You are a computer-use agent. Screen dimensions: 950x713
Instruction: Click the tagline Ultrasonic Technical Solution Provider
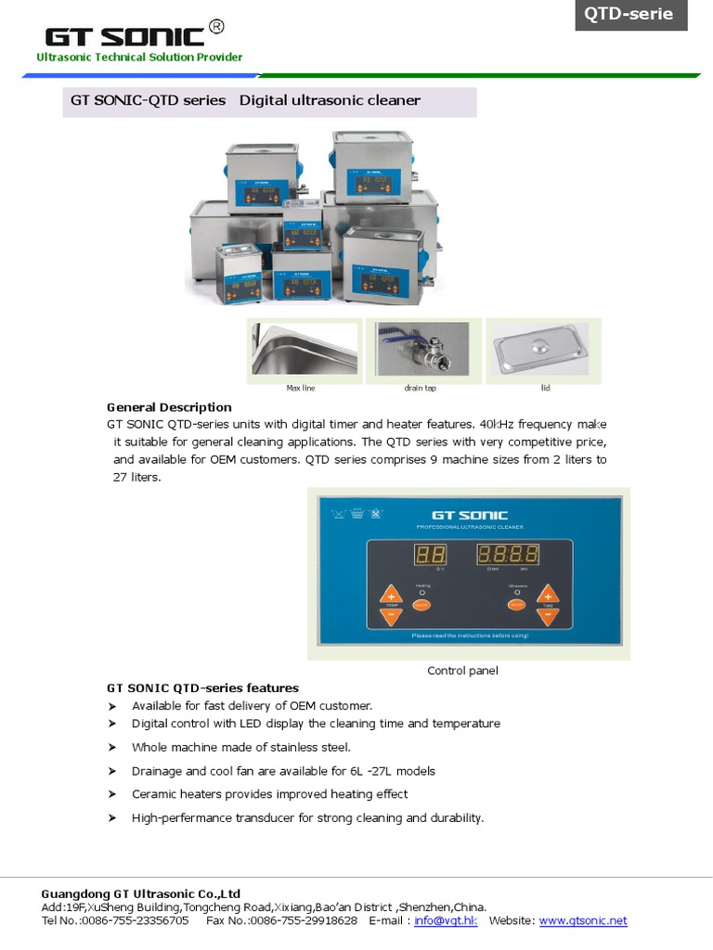tap(139, 58)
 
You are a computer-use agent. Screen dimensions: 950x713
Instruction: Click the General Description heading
tap(169, 407)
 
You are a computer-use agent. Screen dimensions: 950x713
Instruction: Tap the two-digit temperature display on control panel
tap(430, 556)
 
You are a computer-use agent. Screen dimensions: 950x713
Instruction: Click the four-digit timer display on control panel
tap(509, 556)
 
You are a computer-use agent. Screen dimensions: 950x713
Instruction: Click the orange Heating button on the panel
tap(422, 605)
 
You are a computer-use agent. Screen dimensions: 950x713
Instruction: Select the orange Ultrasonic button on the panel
tap(516, 605)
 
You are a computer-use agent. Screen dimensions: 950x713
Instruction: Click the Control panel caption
tap(462, 671)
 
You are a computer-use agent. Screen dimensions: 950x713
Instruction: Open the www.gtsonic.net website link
tap(583, 920)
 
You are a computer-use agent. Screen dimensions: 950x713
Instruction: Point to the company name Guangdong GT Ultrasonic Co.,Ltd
tap(141, 894)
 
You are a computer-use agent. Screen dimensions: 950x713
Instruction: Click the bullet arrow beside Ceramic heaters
tap(112, 794)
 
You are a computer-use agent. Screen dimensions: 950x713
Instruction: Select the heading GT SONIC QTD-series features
tap(202, 688)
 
